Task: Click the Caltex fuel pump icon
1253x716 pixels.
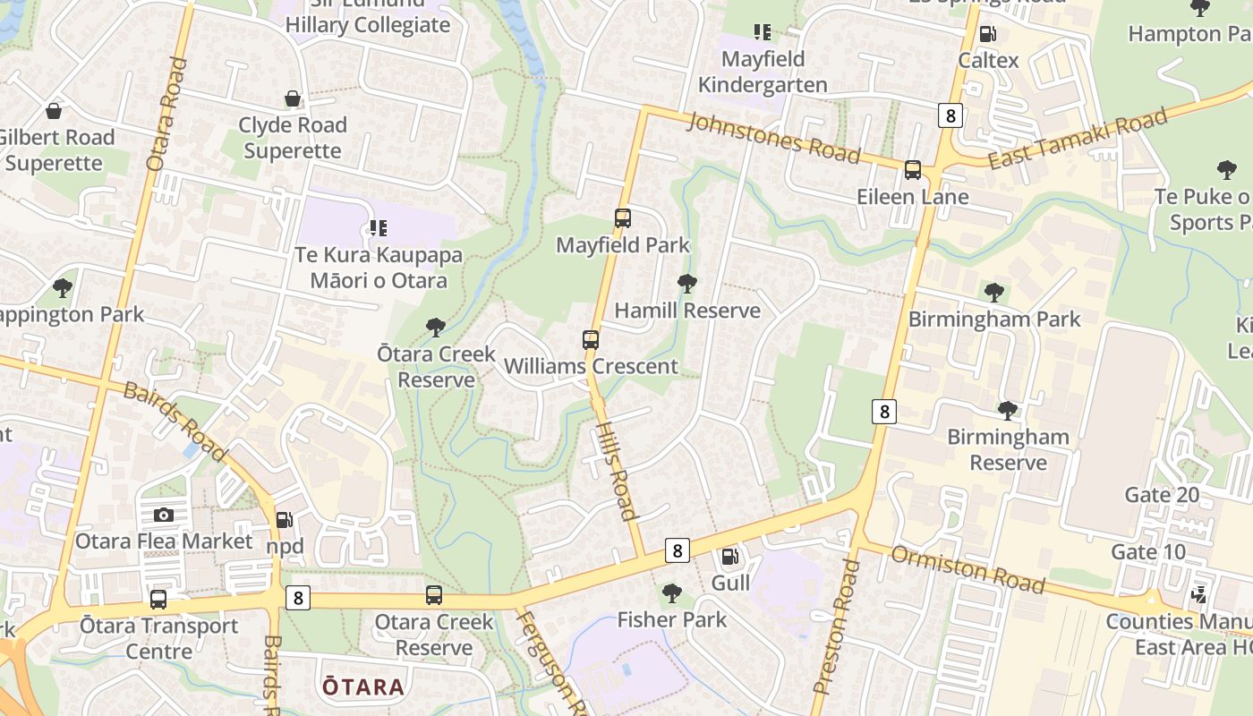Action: tap(988, 34)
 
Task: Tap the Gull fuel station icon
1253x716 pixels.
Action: tap(730, 557)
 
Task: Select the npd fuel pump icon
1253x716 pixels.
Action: tap(284, 519)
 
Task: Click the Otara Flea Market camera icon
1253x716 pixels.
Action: tap(163, 515)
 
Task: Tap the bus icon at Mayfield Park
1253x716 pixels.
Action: tap(622, 217)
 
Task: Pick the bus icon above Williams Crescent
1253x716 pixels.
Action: tap(590, 339)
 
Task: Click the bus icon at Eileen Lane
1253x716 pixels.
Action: tap(912, 169)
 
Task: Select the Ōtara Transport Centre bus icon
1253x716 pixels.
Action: tap(158, 599)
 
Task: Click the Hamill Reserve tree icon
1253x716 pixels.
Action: tap(686, 284)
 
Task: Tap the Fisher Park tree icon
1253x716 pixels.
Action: tap(671, 592)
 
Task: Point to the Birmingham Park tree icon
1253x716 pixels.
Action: tap(993, 292)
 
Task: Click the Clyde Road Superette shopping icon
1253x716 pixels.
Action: tap(292, 98)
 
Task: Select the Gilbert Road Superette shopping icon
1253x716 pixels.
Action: tap(54, 111)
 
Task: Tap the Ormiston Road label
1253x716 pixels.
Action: tap(968, 569)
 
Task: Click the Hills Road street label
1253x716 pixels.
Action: tap(617, 470)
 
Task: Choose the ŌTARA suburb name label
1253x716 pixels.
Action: tap(363, 687)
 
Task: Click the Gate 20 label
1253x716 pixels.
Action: tap(1162, 495)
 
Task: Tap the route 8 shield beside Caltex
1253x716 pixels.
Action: tap(950, 115)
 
